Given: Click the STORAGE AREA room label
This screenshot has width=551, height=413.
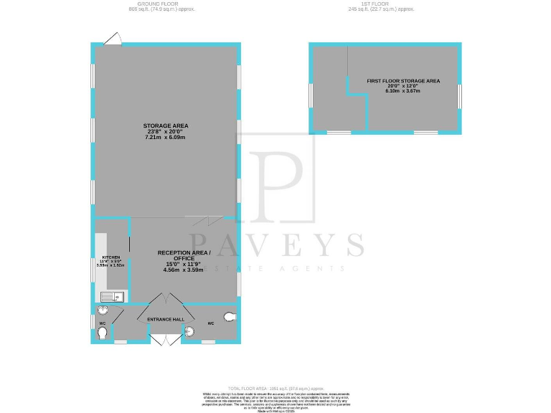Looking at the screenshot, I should coord(166,125).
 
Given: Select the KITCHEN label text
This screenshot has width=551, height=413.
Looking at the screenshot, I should coord(110,257).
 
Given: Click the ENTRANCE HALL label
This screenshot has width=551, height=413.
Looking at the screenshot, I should coord(166,319).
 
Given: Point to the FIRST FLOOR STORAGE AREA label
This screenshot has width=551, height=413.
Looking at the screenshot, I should coord(403,81).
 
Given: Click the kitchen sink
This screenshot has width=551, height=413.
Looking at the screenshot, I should coord(112,296).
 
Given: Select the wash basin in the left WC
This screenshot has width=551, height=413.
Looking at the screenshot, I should coord(103,310).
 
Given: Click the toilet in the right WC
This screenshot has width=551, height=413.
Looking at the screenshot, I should coord(230,316).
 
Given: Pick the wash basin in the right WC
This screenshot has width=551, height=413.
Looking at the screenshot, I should coord(189,331).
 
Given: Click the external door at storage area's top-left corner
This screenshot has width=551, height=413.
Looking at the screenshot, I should coord(113,39).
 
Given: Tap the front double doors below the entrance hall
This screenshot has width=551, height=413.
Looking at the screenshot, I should coord(166,339).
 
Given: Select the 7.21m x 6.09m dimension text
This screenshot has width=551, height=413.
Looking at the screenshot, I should coord(166,137).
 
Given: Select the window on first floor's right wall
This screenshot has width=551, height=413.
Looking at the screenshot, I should coord(459,94).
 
